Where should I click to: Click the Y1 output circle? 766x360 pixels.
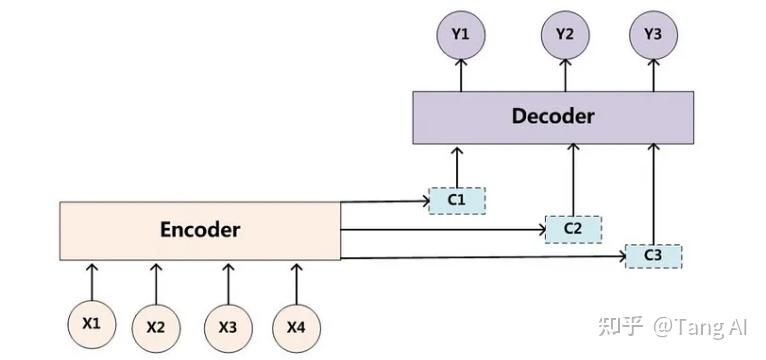coord(460,34)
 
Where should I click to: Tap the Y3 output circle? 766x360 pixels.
coord(652,34)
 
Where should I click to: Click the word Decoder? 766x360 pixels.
coord(553,116)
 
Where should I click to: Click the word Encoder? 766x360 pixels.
coord(200,230)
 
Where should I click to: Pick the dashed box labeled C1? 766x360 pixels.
coord(457,200)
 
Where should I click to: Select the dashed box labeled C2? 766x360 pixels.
coord(573,228)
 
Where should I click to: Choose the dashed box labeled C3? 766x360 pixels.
coord(653,256)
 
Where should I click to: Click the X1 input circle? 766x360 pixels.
coord(92,324)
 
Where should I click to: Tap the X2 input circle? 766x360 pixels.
coord(156,326)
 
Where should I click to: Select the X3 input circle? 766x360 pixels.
coord(228,326)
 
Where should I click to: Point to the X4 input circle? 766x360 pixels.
coord(296,326)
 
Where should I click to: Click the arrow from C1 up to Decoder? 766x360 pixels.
coord(457,165)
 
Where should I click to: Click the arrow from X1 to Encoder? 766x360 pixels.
coord(92,280)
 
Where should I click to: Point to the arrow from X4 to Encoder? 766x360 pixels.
coord(296,280)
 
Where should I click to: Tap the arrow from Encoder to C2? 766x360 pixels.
coord(440,229)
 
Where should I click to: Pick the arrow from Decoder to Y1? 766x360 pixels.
coord(460,74)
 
